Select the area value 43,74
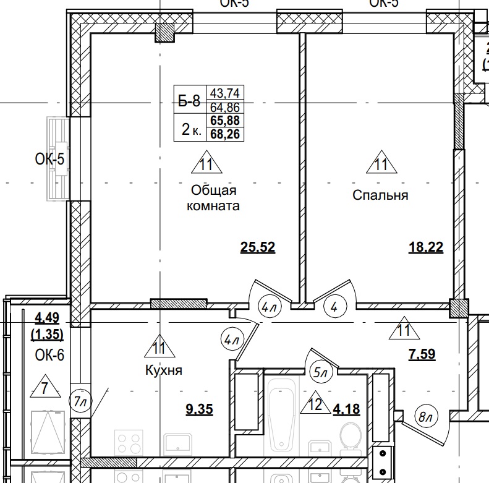pyautogui.click(x=226, y=93)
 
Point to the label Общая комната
pyautogui.click(x=212, y=198)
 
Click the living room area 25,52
pyautogui.click(x=257, y=248)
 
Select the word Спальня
pyautogui.click(x=380, y=195)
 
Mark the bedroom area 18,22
pyautogui.click(x=426, y=248)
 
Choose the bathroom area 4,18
pyautogui.click(x=346, y=408)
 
